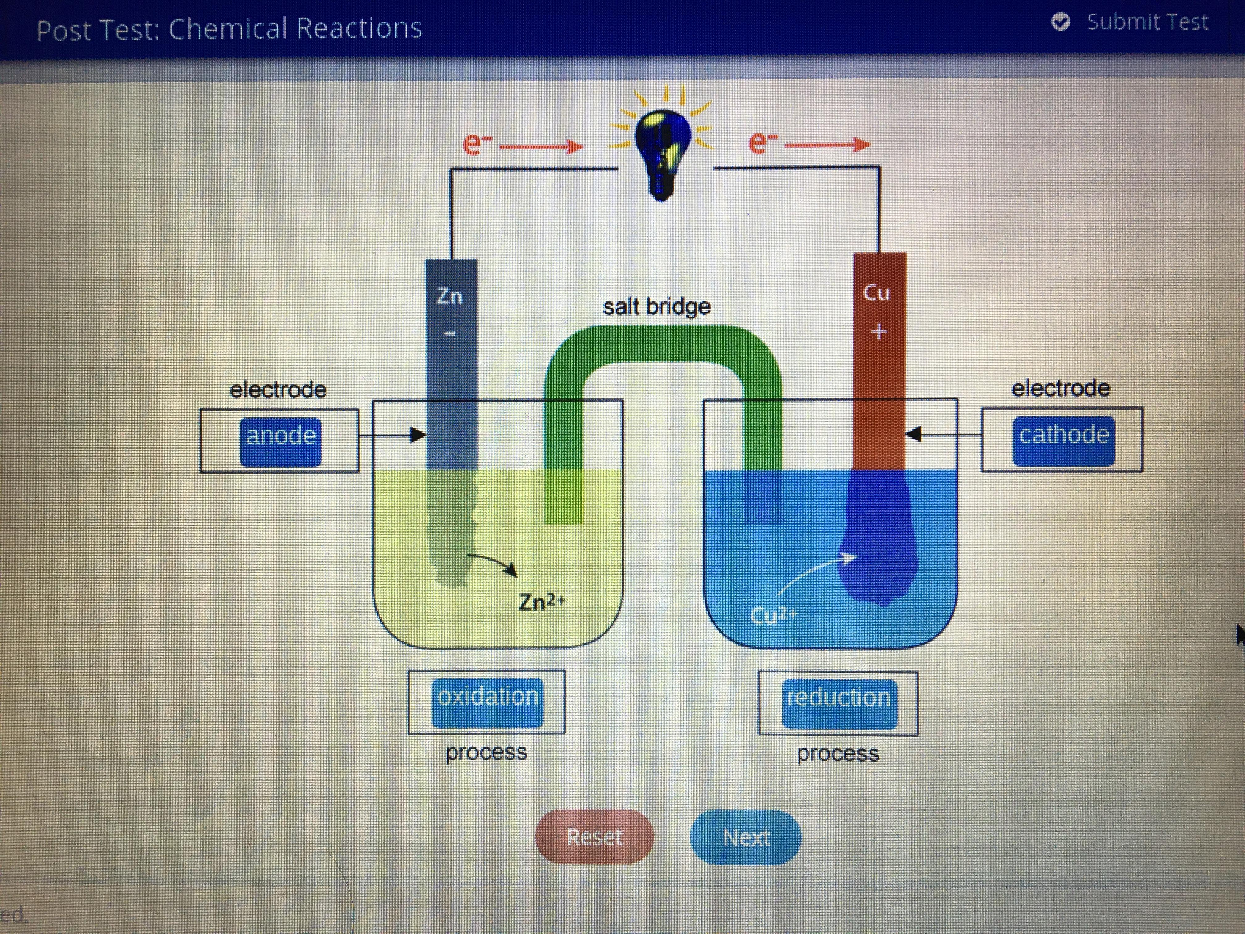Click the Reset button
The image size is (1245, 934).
click(594, 837)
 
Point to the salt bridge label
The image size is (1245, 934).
click(656, 307)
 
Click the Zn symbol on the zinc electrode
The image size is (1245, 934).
click(450, 296)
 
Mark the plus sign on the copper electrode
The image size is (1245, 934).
click(878, 332)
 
